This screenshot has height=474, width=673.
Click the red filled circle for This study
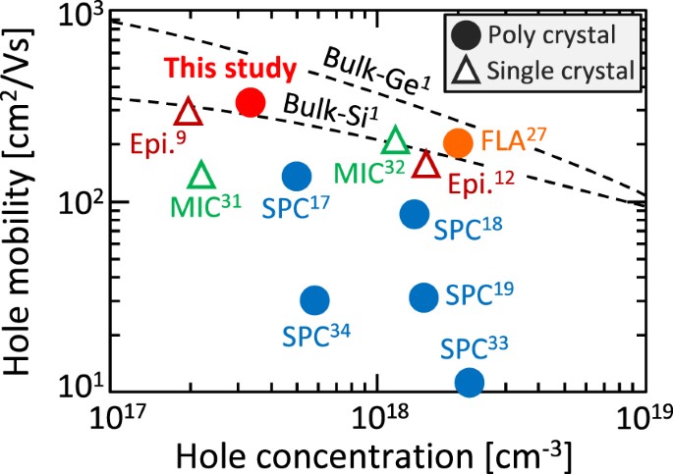[251, 101]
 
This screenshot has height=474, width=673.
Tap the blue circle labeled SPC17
[296, 176]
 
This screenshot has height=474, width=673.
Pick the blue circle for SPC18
[415, 214]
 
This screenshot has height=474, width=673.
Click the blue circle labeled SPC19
[423, 296]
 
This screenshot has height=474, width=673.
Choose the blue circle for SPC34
[314, 299]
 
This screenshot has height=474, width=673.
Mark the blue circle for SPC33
[470, 382]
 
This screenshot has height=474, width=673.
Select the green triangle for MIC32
[395, 141]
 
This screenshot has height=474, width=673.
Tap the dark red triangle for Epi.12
[425, 164]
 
